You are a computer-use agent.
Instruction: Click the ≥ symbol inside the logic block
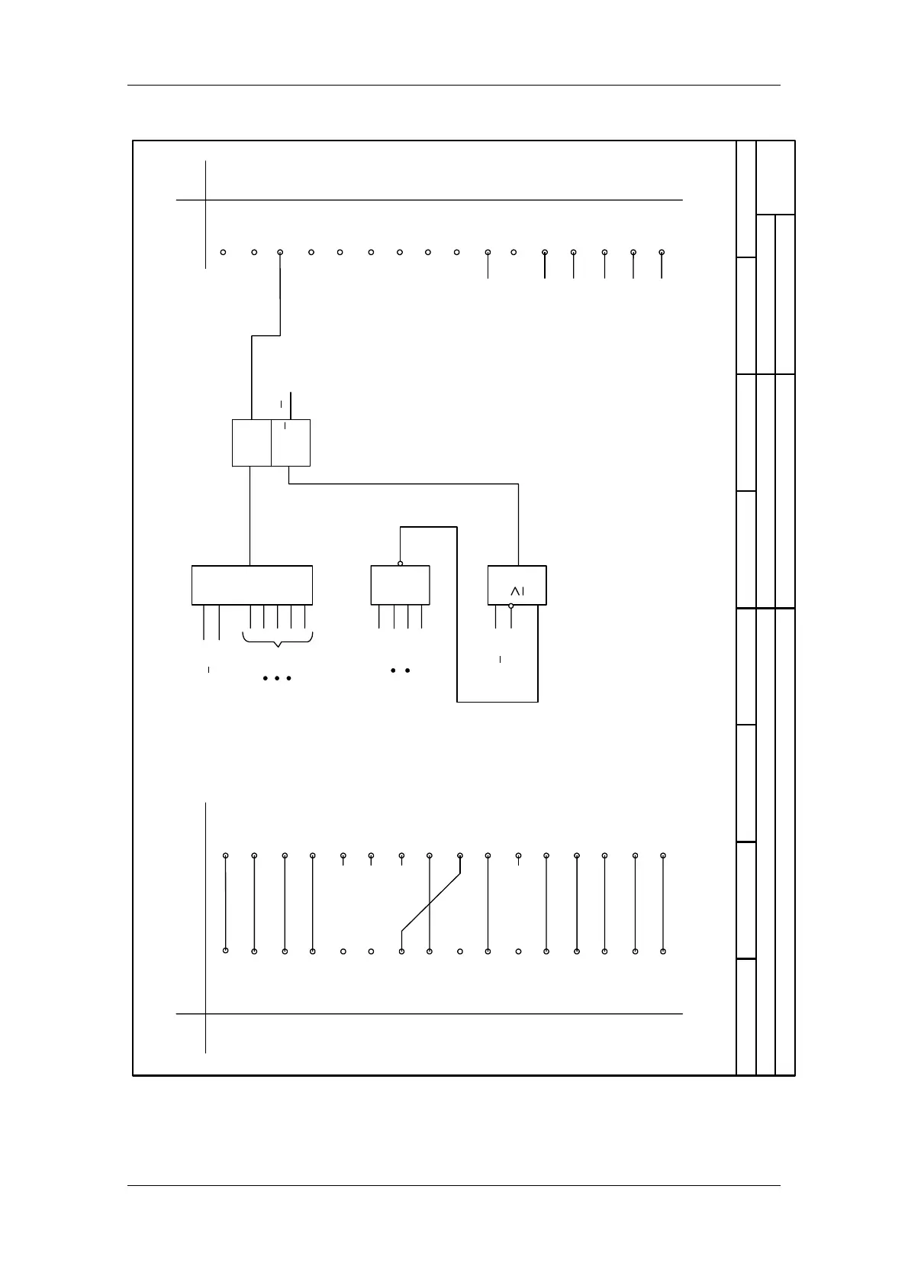[x=517, y=590]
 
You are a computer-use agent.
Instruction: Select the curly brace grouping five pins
[x=278, y=640]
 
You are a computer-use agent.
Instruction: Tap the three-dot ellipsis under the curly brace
[x=276, y=678]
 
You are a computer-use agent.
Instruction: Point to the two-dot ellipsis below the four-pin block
[x=401, y=670]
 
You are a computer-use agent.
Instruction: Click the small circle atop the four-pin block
[x=401, y=564]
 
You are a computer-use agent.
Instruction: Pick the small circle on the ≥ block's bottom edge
[x=511, y=606]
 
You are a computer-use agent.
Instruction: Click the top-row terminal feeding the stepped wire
[x=280, y=252]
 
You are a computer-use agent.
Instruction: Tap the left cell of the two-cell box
[x=252, y=443]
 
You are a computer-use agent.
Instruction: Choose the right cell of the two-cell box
[x=291, y=443]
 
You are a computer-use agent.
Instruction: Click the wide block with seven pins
[x=252, y=585]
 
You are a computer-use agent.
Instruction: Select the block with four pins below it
[x=400, y=585]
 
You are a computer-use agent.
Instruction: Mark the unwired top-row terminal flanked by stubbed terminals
[x=514, y=252]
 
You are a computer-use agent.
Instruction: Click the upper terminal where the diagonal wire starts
[x=460, y=856]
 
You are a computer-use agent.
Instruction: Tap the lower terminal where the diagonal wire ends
[x=401, y=952]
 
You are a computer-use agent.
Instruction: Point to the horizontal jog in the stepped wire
[x=266, y=335]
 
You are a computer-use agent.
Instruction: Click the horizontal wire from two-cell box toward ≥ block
[x=404, y=483]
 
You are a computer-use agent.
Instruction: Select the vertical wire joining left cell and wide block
[x=250, y=515]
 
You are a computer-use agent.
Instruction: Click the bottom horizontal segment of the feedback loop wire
[x=497, y=701]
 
